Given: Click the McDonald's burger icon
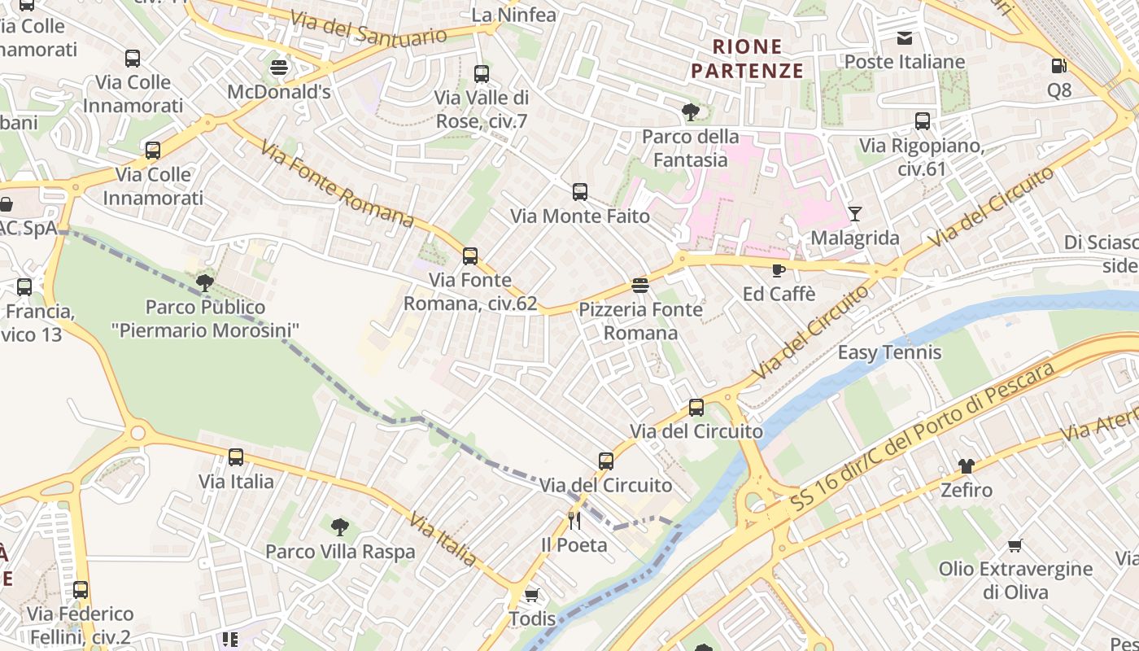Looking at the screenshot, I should coord(279,67).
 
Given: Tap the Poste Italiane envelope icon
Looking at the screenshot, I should coord(904,37).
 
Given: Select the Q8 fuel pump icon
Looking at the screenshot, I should coord(1058,65).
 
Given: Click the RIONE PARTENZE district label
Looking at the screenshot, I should coord(747,59).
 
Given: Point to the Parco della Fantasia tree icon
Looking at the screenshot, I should coord(691,111).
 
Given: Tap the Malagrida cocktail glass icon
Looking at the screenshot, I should coord(854,213).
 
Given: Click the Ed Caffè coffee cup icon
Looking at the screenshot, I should coord(779,269).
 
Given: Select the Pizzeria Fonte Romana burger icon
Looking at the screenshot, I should coord(640,286).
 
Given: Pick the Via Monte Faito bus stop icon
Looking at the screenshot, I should coord(579,192).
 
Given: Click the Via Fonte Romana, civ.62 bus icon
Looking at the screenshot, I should coord(469,256).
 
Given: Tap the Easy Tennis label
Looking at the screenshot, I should coord(889,352).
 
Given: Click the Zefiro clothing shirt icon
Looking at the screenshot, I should coord(966,466).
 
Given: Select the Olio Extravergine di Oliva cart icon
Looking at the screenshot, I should coord(1015,545).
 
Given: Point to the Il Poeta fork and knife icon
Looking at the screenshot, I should coord(574,521).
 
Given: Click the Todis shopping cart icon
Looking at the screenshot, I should coord(532,595).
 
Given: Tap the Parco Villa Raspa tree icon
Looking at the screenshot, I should coord(339,527).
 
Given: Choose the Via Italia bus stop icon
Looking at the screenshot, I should coord(236,457).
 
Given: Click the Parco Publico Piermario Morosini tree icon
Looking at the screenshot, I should coord(204,283).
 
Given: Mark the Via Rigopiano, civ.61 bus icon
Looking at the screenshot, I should coord(922,121).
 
